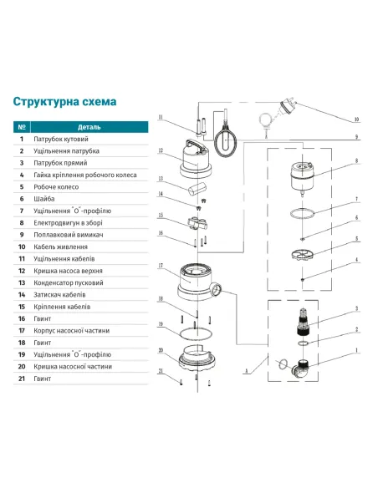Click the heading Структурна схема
(64, 102)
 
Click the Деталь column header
(89, 127)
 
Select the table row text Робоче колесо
(56, 186)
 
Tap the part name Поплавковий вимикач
(69, 235)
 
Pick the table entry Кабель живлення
(60, 247)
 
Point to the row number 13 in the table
(22, 282)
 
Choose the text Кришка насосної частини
(73, 366)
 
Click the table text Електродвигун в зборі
(68, 223)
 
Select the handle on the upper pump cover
(194, 145)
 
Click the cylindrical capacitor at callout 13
(197, 189)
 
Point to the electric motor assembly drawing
(302, 178)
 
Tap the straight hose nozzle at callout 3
(303, 322)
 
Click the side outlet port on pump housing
(217, 288)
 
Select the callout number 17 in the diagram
(161, 266)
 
